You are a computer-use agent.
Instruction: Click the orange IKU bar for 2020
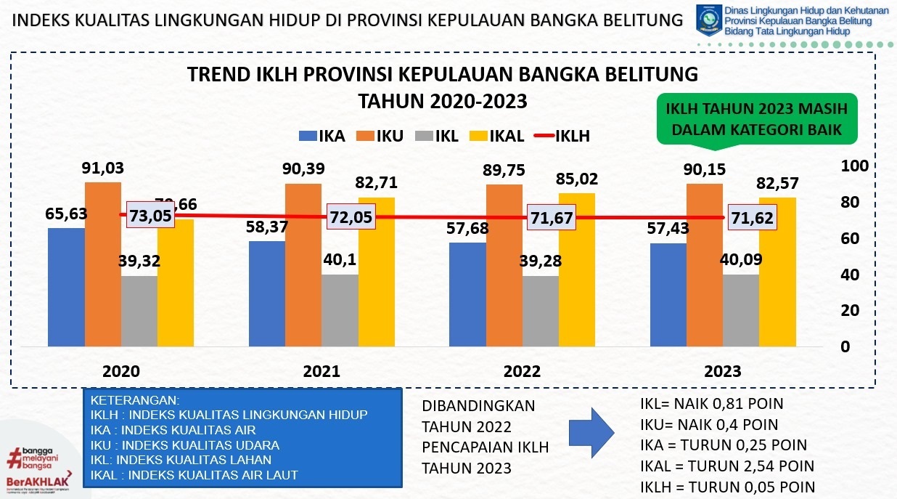coord(103,264)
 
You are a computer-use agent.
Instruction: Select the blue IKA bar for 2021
coord(266,294)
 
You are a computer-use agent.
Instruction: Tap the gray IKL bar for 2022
coord(541,311)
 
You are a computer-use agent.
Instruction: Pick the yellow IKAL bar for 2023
coord(777,272)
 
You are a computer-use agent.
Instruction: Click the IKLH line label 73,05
coord(152,215)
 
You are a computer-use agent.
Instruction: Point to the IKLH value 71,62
coord(750,217)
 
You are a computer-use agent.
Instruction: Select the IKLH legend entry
coord(562,136)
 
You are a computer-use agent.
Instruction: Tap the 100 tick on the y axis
coord(854,165)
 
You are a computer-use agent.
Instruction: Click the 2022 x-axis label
coord(522,372)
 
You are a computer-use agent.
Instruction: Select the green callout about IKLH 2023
coord(756,119)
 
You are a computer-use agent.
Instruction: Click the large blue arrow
coord(595,434)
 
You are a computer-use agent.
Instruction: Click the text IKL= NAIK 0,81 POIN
coord(711,404)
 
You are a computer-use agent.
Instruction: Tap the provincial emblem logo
coord(709,20)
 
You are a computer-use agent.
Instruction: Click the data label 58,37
coord(267,227)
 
